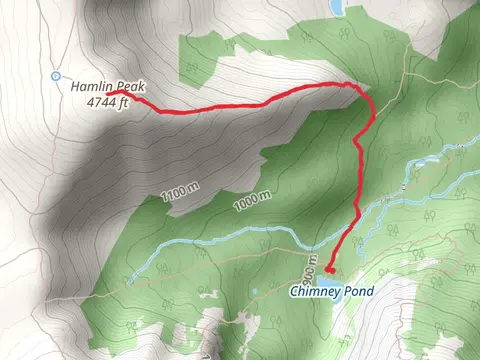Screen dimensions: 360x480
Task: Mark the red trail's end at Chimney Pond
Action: pyautogui.click(x=330, y=269)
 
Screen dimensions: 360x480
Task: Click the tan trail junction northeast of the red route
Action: pyautogui.click(x=406, y=75)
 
